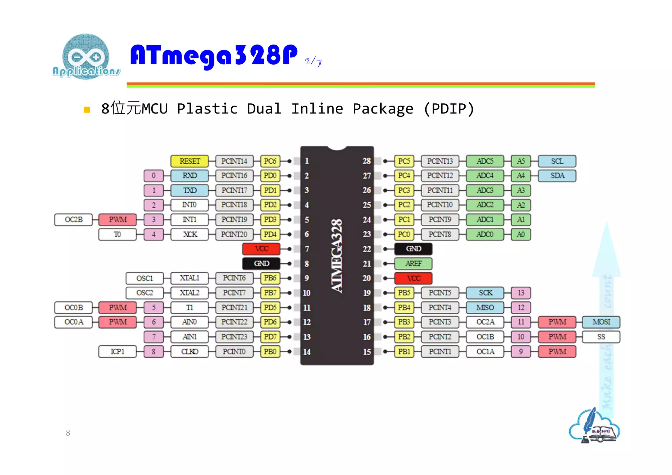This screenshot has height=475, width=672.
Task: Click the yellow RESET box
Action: [189, 161]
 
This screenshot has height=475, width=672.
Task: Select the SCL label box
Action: [557, 161]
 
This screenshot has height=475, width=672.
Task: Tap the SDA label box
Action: [557, 176]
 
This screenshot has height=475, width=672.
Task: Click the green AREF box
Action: [413, 263]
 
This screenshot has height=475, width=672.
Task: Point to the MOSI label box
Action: [601, 322]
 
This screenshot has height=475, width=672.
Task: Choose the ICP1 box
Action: [117, 351]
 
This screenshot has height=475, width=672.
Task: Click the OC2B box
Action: [73, 219]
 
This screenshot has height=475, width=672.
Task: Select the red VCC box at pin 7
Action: [261, 249]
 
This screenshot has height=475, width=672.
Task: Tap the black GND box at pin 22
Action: [413, 249]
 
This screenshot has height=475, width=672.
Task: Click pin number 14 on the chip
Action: [306, 352]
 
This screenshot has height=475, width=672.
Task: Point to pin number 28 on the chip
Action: [367, 161]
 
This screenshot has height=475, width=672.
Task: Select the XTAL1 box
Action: [189, 278]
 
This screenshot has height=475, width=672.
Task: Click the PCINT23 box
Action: [234, 337]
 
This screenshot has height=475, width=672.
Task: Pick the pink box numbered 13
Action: [521, 293]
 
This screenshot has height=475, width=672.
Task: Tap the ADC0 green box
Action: [485, 234]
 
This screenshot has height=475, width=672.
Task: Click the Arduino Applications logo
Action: [86, 57]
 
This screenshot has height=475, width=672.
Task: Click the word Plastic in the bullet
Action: [207, 109]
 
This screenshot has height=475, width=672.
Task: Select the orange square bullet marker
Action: [87, 110]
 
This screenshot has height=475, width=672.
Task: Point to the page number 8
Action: [68, 433]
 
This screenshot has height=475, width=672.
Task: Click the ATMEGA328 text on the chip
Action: [337, 256]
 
